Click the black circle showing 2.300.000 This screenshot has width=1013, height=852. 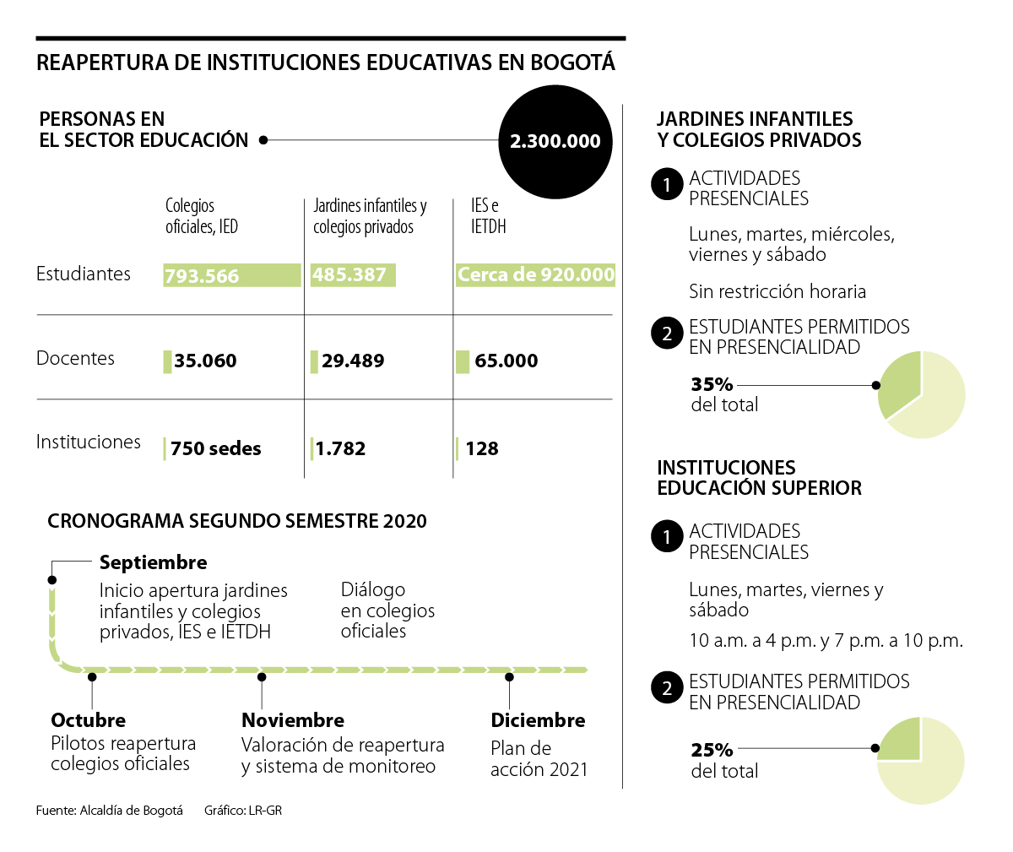[555, 142]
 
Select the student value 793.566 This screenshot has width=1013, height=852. [202, 276]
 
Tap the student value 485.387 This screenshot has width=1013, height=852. [349, 274]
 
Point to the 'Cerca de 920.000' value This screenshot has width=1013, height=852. [536, 274]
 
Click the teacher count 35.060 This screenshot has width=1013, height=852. [205, 361]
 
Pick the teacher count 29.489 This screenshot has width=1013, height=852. [353, 361]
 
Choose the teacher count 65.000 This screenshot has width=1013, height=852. [506, 361]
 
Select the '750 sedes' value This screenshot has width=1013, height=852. [216, 448]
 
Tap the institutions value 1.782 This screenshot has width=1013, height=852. [341, 448]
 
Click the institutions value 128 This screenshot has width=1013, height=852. [482, 448]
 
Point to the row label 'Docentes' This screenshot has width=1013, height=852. [75, 358]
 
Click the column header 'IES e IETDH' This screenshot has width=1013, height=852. [488, 216]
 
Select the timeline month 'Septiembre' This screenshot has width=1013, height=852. [153, 562]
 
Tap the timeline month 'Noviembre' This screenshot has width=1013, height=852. [293, 720]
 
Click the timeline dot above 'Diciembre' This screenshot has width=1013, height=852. [510, 676]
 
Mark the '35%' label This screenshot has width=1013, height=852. [712, 384]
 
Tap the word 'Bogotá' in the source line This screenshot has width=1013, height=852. [163, 811]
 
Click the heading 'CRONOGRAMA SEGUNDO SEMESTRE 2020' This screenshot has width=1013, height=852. [237, 521]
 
